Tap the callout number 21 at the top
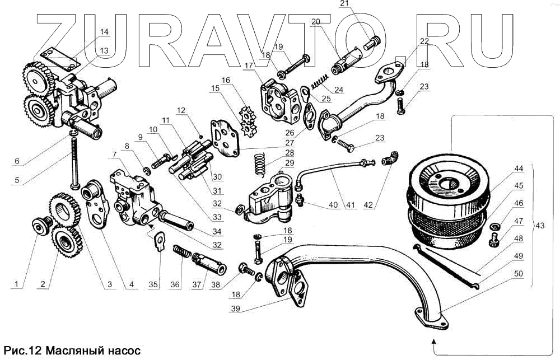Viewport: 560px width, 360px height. (x=343, y=4)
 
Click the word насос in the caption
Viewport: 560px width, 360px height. (x=115, y=352)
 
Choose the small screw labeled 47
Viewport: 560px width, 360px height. (x=494, y=241)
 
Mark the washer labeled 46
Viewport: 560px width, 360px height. (x=495, y=226)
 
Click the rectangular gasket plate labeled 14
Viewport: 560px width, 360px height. (x=60, y=60)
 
